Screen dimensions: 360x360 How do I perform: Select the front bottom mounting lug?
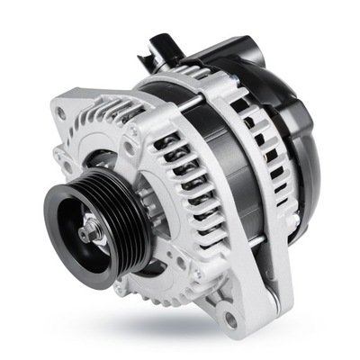pyautogui.click(x=229, y=310)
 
